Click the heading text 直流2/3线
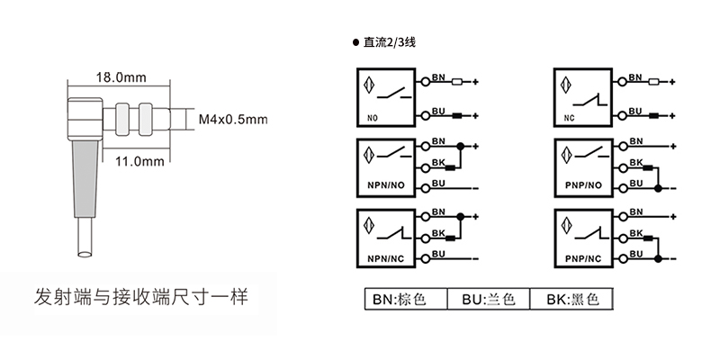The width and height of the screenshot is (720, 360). click(x=388, y=42)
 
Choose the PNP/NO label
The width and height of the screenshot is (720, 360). click(x=583, y=185)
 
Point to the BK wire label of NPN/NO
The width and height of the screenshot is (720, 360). click(x=439, y=162)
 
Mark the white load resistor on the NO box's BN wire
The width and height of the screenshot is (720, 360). click(x=456, y=83)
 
